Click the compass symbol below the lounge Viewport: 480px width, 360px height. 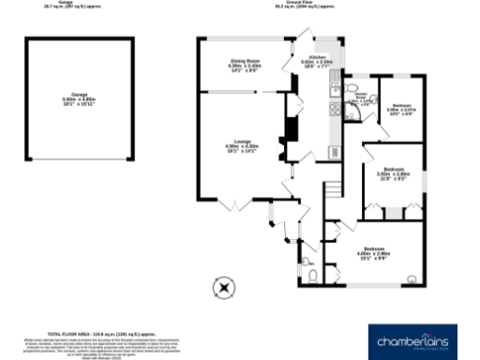(223, 285)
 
